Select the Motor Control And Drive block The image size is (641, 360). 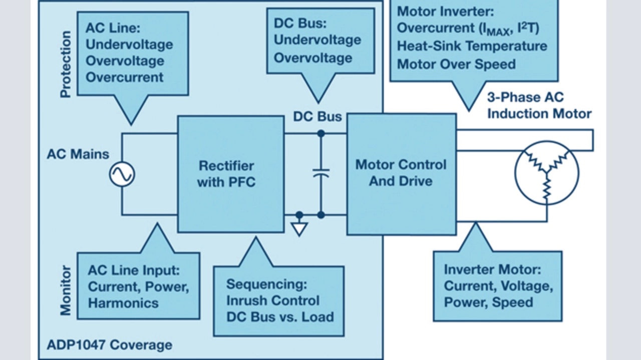coord(401,174)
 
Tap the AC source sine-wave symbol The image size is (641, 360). coord(122,174)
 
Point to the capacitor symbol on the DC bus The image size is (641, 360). coord(321,173)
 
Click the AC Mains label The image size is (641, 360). coord(78,154)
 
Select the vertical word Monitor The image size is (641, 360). coord(66,291)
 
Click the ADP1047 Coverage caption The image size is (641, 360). coord(109,345)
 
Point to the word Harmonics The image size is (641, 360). coord(123,303)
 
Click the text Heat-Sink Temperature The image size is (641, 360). coord(472,46)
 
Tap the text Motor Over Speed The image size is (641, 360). coord(456,64)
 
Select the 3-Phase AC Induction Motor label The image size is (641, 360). coord(539,106)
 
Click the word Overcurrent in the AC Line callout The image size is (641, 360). coord(125,77)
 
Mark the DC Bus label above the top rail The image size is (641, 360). coord(317,117)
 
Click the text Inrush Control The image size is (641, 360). coord(272,300)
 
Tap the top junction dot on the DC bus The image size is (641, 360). coord(321,133)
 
